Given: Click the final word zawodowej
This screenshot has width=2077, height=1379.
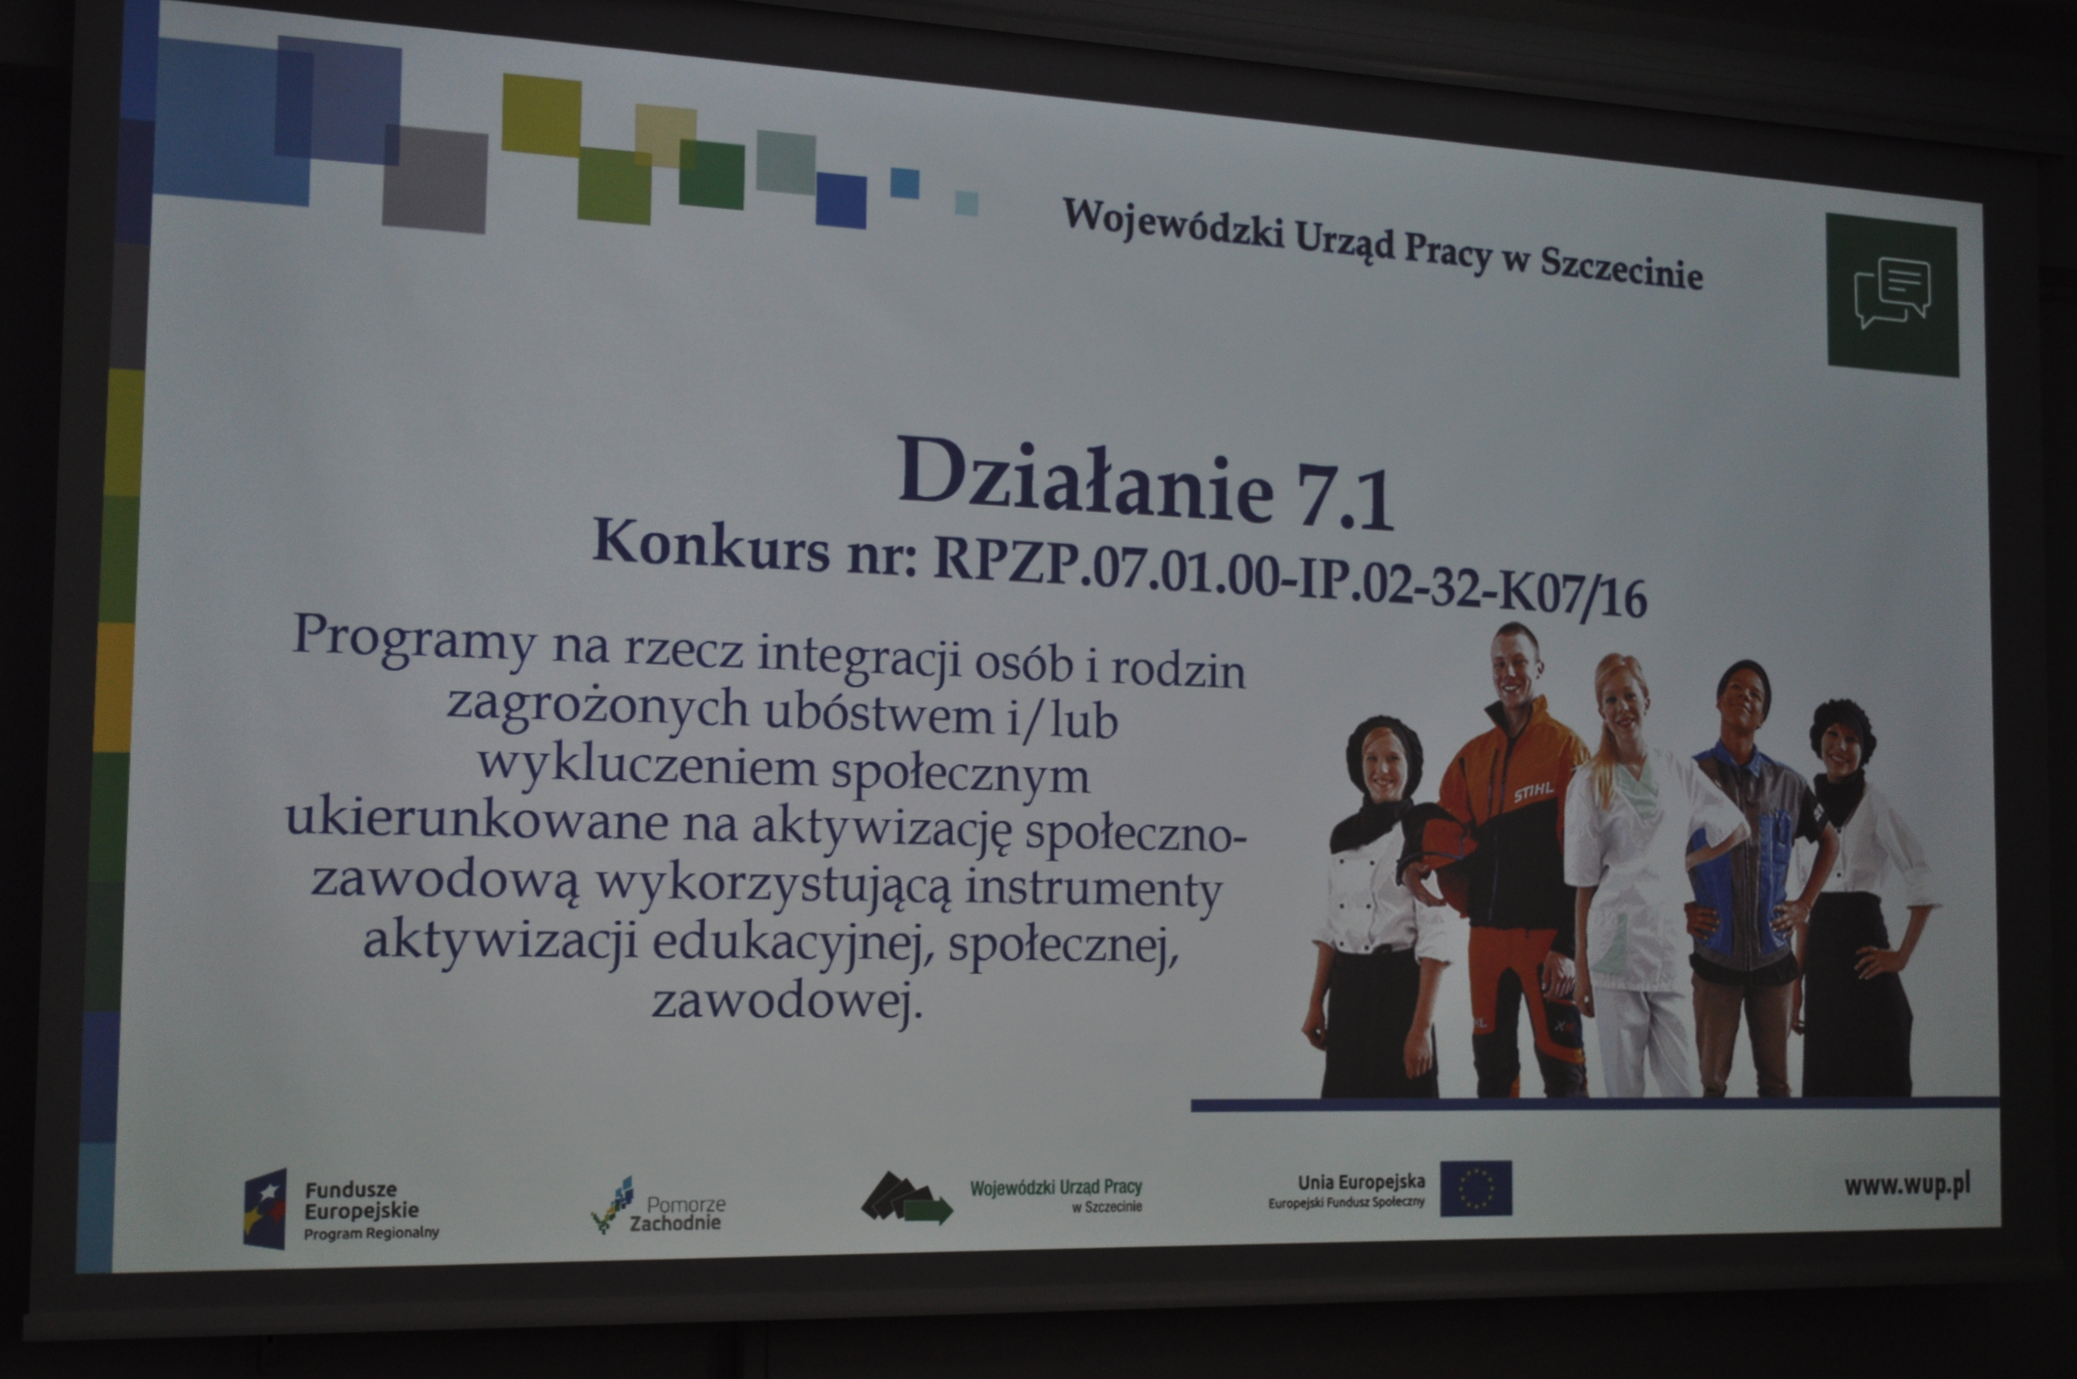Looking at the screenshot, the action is coord(787,1003).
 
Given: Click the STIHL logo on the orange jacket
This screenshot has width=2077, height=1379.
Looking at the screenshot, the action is coord(1534,794).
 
